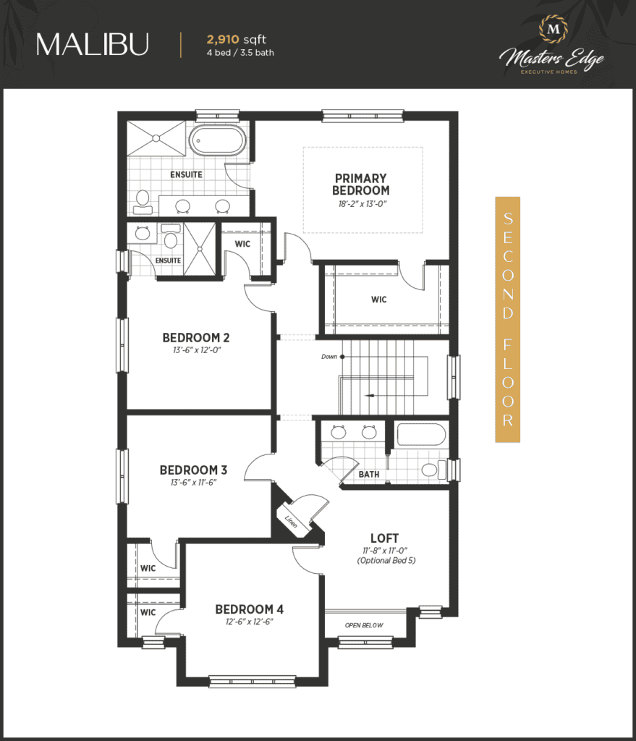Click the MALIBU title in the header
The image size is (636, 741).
click(x=93, y=44)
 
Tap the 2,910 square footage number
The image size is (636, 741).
click(x=223, y=40)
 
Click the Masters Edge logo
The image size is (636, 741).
click(x=552, y=46)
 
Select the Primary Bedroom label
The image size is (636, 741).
click(x=361, y=185)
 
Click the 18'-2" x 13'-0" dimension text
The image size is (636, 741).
click(x=362, y=204)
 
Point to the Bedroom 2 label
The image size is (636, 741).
click(x=196, y=338)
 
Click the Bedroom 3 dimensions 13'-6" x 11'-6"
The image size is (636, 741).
click(x=194, y=483)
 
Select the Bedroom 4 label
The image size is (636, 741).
click(x=250, y=609)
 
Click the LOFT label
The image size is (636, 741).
click(x=385, y=538)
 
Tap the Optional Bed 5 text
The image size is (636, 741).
click(x=386, y=561)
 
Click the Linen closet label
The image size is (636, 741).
click(x=291, y=521)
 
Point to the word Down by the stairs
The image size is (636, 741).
click(x=329, y=357)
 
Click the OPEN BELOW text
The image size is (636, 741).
click(x=364, y=625)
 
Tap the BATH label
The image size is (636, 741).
click(x=369, y=474)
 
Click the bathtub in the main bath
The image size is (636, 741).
click(x=422, y=434)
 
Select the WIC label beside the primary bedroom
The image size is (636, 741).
click(x=379, y=300)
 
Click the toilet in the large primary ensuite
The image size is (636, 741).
click(x=143, y=203)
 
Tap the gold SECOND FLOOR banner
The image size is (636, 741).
click(x=507, y=319)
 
